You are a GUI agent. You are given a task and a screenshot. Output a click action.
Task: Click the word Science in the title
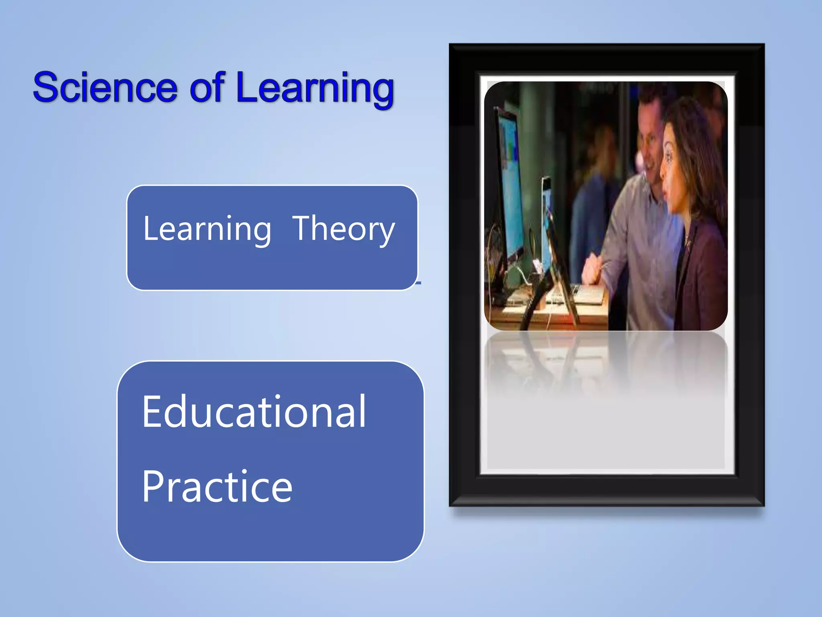point(105,88)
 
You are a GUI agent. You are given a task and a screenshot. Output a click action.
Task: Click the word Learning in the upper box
point(207,229)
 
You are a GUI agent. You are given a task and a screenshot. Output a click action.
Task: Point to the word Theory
point(344,229)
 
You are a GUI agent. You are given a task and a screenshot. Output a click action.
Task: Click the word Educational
point(254,412)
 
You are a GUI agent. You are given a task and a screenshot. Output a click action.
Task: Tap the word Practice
point(217,487)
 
